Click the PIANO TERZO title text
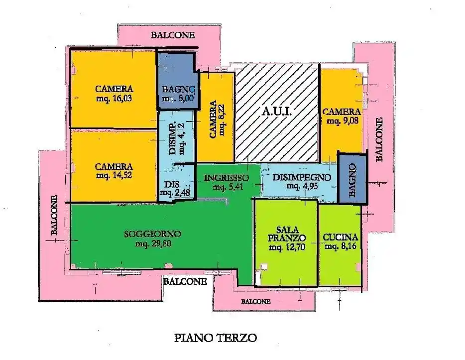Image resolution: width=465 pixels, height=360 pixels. (216, 338)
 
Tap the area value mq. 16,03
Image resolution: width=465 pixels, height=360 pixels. (114, 98)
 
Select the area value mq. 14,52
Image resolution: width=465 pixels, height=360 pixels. (114, 175)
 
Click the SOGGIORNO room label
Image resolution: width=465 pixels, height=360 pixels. (152, 234)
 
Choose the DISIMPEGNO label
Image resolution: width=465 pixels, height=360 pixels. (302, 177)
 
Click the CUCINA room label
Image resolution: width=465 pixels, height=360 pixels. (341, 237)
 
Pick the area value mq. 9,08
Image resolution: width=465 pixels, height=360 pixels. (341, 120)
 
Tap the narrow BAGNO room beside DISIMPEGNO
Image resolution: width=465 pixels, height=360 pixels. (352, 178)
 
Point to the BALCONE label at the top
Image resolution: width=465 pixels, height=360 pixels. (173, 35)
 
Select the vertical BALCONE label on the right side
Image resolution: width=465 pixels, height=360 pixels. (379, 139)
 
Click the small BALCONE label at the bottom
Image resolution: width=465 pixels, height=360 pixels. (255, 301)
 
